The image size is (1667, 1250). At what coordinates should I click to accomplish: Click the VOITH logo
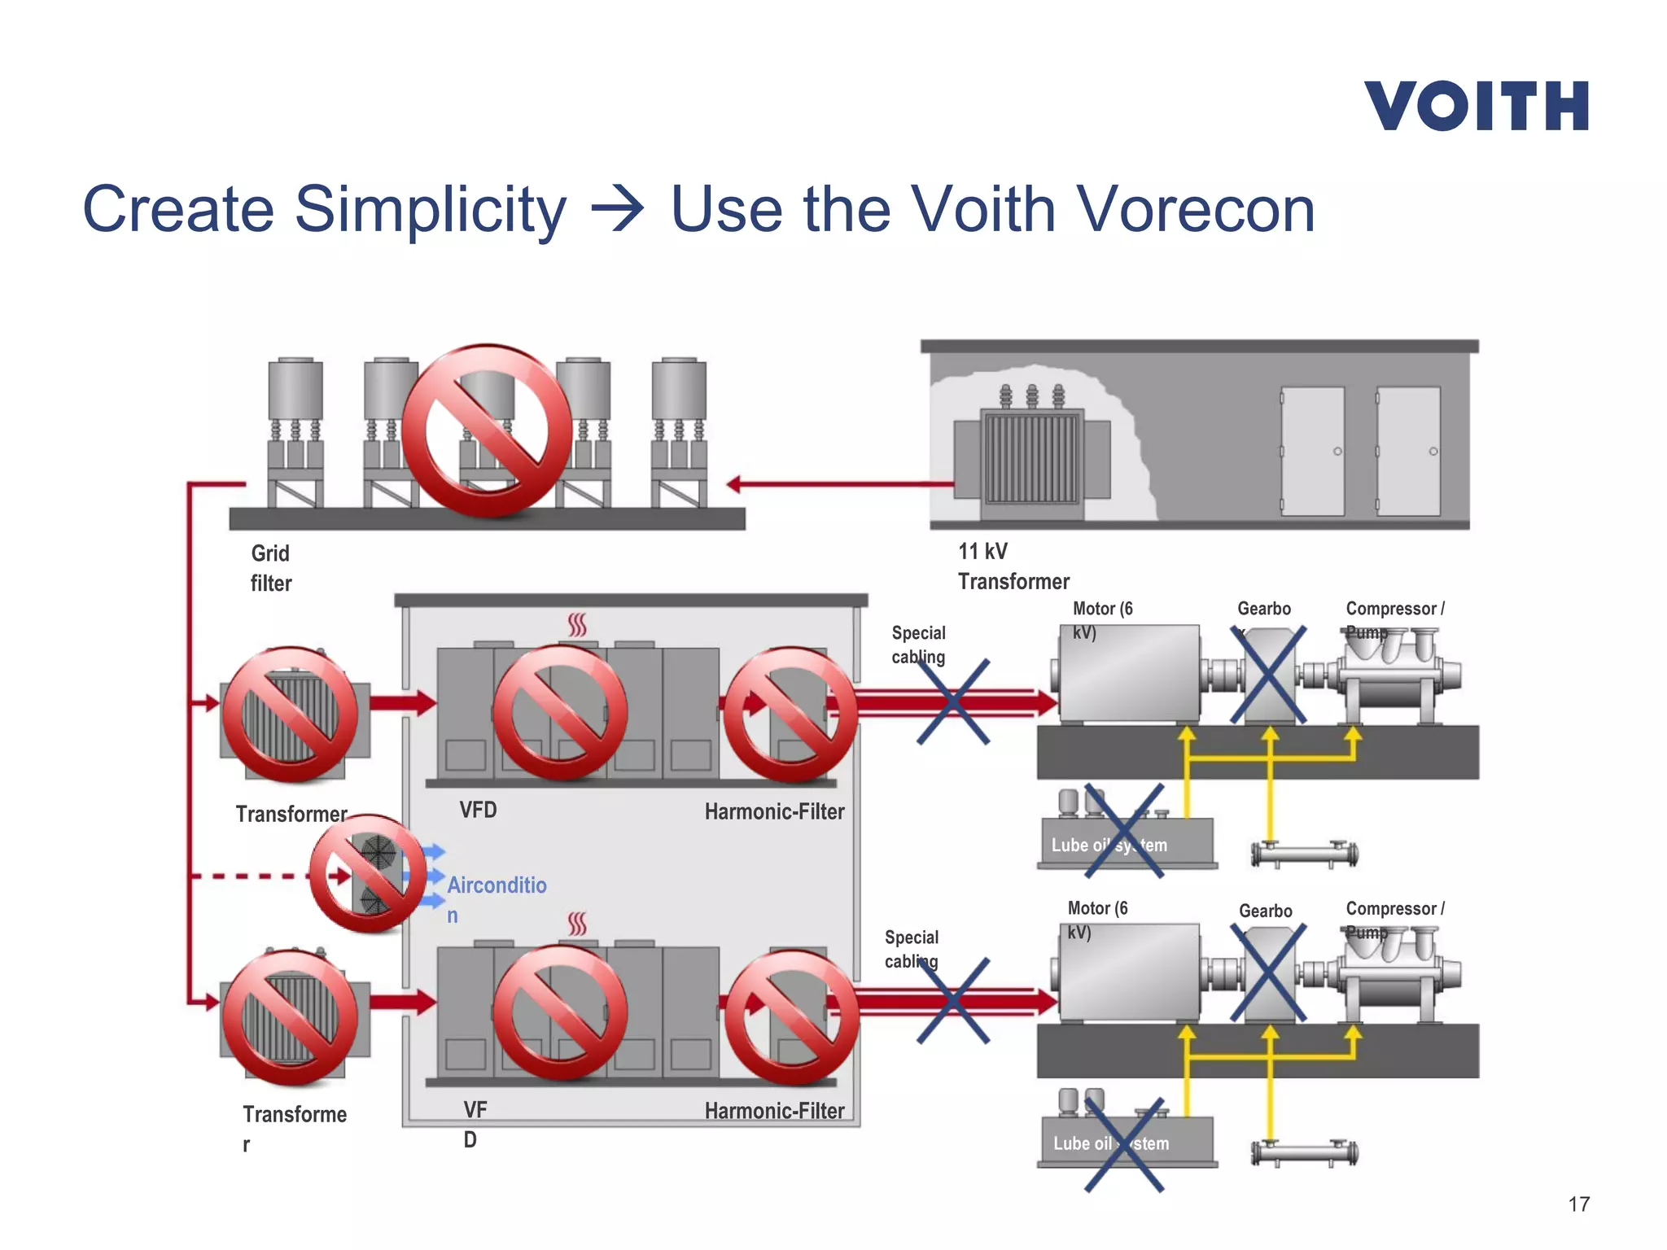1476,106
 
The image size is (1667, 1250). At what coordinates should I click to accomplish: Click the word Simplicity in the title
429,210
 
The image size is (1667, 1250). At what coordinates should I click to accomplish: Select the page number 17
1578,1204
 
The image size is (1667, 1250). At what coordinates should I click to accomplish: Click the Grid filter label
270,568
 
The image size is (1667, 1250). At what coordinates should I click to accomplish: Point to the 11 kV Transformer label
1013,566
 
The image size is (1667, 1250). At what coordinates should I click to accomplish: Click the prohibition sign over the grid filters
487,431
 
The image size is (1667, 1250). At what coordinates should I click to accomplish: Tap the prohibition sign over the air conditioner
368,873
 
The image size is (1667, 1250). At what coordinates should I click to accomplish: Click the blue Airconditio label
496,885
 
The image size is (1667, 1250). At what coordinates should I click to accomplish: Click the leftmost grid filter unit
295,431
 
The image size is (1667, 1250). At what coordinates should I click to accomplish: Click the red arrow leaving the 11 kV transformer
838,484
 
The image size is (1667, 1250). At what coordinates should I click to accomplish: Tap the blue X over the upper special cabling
953,701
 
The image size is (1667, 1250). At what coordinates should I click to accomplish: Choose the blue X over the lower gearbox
1268,973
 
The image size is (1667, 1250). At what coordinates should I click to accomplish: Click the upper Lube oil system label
1109,845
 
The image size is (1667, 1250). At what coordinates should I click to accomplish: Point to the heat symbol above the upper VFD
577,625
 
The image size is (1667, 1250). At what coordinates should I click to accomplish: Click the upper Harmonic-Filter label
774,811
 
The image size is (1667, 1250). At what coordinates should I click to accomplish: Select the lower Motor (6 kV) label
1096,920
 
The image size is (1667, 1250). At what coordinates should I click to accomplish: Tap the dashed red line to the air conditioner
244,876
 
